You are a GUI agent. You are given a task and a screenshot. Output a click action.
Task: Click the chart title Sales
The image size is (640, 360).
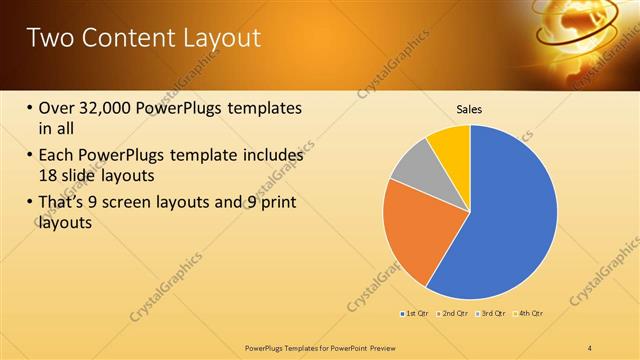[x=470, y=109]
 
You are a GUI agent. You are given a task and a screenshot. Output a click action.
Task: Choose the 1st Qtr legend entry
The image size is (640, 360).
[x=416, y=314]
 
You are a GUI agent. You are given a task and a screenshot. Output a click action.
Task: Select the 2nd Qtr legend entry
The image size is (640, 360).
[x=455, y=314]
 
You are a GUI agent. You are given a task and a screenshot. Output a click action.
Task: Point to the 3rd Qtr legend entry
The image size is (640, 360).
[x=493, y=314]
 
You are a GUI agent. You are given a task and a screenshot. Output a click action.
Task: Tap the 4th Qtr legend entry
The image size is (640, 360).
[x=529, y=314]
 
